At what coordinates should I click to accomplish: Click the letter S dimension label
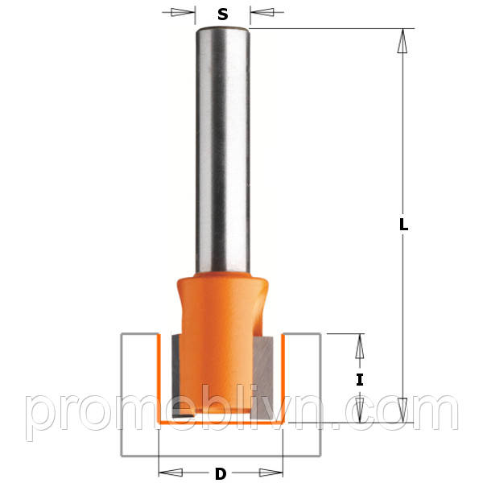223,14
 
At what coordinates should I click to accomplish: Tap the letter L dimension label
403,225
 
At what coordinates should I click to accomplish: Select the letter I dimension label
360,379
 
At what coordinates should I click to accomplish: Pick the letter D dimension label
221,474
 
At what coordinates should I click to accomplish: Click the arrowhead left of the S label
183,12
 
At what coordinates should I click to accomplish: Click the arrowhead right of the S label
262,12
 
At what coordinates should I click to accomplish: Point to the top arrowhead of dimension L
402,41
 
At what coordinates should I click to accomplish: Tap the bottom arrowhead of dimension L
402,410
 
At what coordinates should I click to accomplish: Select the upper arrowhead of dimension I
360,346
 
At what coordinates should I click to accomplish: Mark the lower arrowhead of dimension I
360,410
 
